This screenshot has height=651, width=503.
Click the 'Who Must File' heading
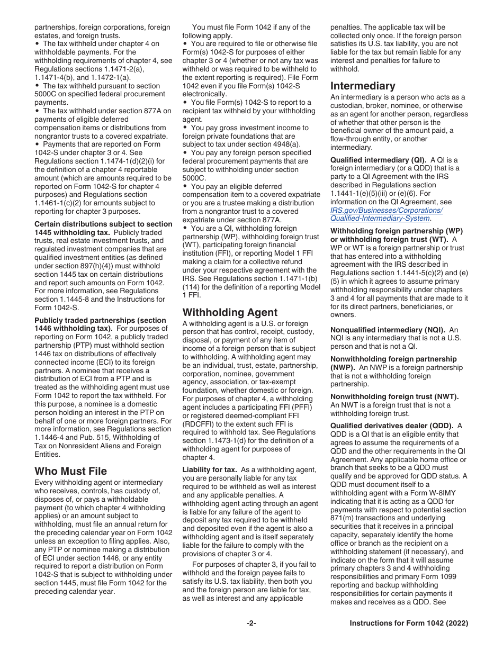pyautogui.click(x=70, y=471)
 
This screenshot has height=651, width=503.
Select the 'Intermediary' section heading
pyautogui.click(x=363, y=86)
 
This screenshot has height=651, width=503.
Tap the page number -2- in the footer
pyautogui.click(x=251, y=623)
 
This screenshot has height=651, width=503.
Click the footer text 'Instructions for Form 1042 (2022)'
pyautogui.click(x=409, y=623)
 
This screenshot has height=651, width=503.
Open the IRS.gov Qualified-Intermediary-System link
pyautogui.click(x=387, y=214)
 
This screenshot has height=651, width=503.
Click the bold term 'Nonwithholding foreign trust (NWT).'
pyautogui.click(x=394, y=396)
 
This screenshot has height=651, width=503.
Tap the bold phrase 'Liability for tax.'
pyautogui.click(x=212, y=469)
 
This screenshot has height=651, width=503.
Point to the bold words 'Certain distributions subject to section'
pyautogui.click(x=103, y=224)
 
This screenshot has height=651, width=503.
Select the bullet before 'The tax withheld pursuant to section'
pyautogui.click(x=37, y=86)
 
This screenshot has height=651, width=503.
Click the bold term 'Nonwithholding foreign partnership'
pyautogui.click(x=393, y=359)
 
